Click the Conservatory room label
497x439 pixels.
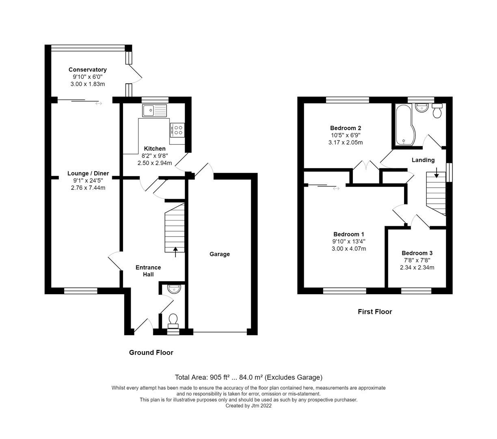click(x=87, y=70)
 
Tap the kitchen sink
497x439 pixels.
click(x=154, y=110)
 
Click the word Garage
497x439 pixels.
click(x=220, y=254)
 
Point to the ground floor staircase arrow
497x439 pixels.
click(x=175, y=252)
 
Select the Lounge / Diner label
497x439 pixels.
click(x=88, y=174)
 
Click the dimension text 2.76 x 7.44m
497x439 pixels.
click(x=88, y=188)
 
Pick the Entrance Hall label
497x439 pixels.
click(x=148, y=271)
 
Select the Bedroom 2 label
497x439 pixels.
click(x=346, y=128)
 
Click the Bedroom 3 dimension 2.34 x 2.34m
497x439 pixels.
click(x=417, y=267)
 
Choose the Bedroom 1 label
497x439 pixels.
click(x=348, y=234)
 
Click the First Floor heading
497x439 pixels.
click(x=375, y=312)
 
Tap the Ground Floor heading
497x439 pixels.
click(x=151, y=352)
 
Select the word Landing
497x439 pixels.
click(x=423, y=160)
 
